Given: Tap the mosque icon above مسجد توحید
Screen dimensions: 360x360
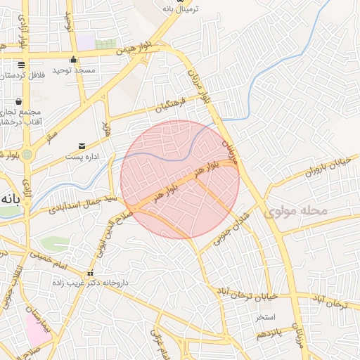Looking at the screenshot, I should pos(72,60).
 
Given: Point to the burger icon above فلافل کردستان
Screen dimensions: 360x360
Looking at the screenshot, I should pos(21,63).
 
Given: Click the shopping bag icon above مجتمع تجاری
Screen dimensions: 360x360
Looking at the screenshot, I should pos(18,101).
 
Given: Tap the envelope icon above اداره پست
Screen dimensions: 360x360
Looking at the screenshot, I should pos(82,146).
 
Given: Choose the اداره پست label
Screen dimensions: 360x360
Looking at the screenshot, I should pos(83,155).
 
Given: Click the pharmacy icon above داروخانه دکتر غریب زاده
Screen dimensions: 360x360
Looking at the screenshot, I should pos(89,273).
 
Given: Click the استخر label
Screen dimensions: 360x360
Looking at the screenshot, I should pos(265,318).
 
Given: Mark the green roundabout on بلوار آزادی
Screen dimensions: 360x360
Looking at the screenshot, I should pos(27,154).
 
